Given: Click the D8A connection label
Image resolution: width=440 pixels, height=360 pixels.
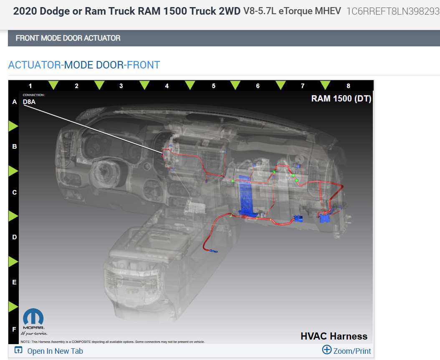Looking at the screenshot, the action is (x=29, y=101).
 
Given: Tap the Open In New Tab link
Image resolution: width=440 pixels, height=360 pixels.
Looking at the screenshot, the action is (x=55, y=351).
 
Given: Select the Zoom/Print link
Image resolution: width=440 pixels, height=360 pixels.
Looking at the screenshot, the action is (x=352, y=351).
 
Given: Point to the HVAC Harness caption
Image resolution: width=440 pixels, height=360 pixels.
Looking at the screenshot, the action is (x=334, y=336).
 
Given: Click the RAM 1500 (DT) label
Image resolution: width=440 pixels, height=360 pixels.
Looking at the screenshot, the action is (x=341, y=99).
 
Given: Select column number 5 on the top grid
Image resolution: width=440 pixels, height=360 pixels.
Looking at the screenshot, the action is (x=214, y=86).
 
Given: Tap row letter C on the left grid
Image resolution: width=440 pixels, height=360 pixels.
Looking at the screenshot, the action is (x=14, y=193).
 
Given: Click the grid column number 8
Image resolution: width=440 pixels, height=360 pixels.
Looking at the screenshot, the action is (x=348, y=86).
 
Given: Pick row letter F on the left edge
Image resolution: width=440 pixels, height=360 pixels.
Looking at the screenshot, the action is (x=14, y=329).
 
